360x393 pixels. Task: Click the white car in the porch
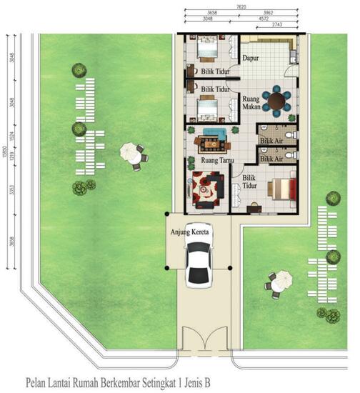(x=198, y=262)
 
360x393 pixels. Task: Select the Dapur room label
(x=249, y=58)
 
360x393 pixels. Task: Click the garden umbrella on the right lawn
(x=279, y=279)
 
